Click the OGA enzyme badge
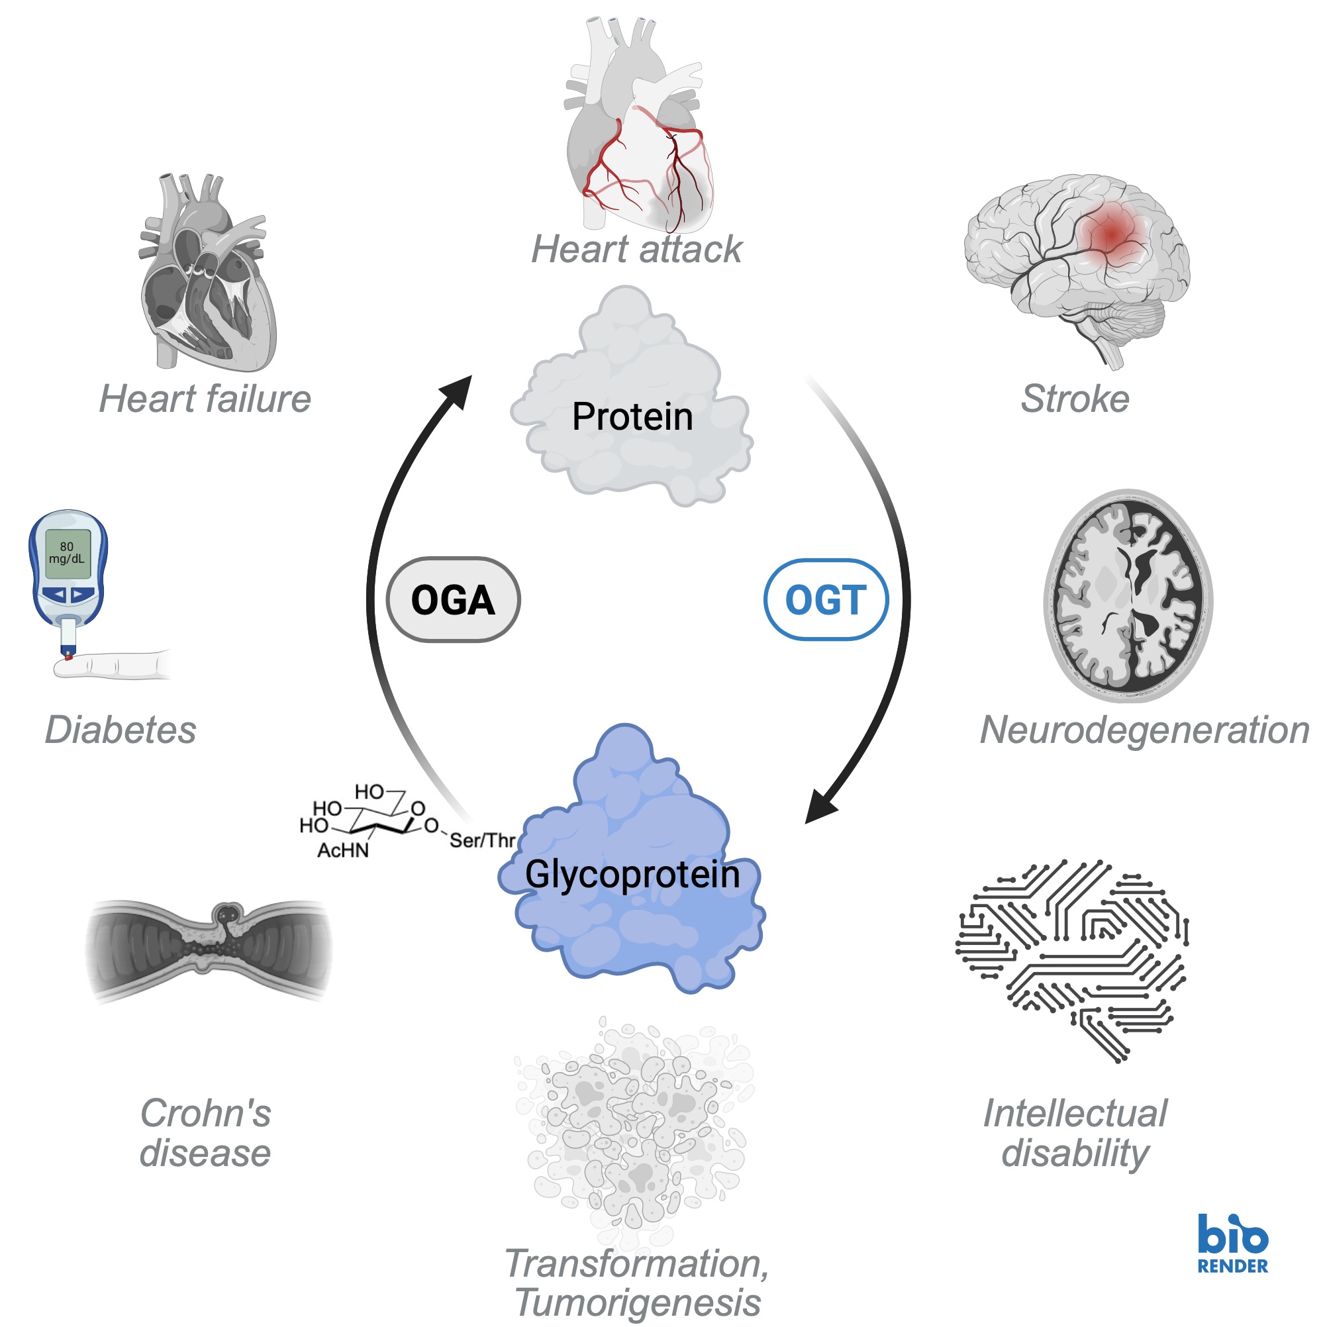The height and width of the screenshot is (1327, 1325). click(453, 600)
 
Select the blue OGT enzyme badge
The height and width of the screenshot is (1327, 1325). click(826, 600)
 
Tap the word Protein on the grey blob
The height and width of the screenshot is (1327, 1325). click(632, 417)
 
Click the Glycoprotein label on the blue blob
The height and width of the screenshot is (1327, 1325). click(632, 874)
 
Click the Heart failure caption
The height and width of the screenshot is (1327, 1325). click(205, 399)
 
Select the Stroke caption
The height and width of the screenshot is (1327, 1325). click(1074, 399)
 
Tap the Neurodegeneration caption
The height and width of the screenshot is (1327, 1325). click(1144, 730)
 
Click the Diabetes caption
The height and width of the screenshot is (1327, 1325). click(121, 730)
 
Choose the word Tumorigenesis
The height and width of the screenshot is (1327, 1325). click(638, 1302)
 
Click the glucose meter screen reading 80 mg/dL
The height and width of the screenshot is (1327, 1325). click(68, 553)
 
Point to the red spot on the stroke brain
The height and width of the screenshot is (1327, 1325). click(1111, 234)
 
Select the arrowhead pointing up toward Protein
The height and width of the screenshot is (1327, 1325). click(457, 392)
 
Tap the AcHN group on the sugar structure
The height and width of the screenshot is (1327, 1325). click(343, 850)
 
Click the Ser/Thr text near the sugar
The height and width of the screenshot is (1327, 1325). click(482, 840)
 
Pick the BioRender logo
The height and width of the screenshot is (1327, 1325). click(1232, 1244)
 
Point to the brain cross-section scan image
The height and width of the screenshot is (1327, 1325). click(1128, 595)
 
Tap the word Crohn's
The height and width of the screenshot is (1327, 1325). click(205, 1113)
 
